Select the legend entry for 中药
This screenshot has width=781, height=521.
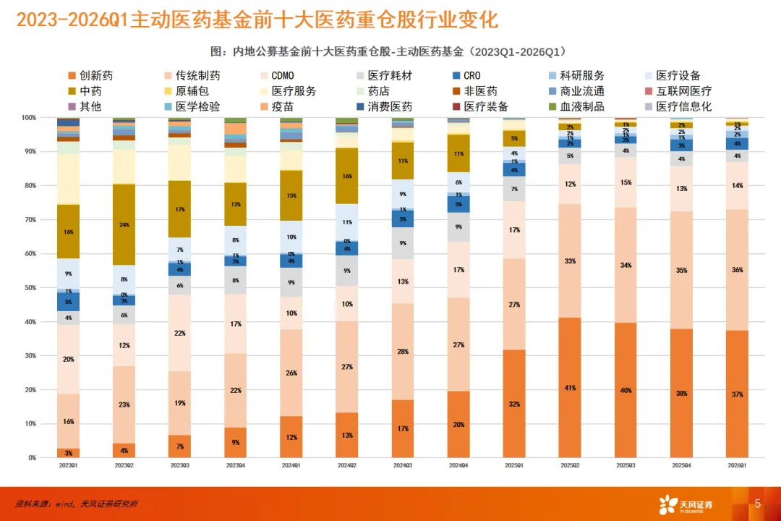tap(90, 92)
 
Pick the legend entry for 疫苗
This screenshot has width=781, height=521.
tap(282, 107)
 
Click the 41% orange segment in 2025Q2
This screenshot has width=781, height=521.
tap(570, 388)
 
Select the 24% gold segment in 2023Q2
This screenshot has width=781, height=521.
tap(124, 224)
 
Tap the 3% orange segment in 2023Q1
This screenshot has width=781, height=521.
tap(68, 453)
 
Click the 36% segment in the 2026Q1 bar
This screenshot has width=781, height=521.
tap(737, 270)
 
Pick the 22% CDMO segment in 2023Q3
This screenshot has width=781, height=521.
tap(180, 333)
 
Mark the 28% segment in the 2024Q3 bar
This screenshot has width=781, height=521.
tap(403, 352)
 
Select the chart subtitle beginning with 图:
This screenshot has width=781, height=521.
tap(390, 52)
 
